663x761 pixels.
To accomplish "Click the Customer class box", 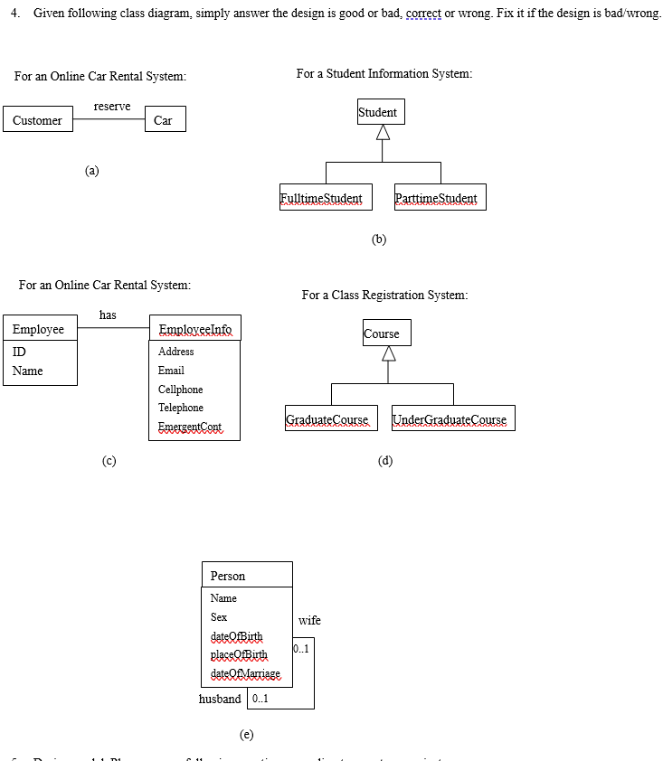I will (38, 120).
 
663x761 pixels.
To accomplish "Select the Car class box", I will (165, 120).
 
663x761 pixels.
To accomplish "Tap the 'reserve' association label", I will (112, 107).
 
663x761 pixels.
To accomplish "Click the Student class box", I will (380, 112).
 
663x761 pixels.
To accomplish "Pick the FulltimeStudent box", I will (321, 198).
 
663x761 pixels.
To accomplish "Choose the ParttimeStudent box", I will (440, 198).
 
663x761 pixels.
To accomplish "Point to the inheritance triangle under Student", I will (383, 133).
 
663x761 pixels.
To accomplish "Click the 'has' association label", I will (108, 315).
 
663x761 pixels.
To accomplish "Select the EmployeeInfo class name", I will (194, 329).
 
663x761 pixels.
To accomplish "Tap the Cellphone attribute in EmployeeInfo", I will (180, 390).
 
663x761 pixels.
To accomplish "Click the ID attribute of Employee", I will (20, 352).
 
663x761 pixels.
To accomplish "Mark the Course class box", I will (386, 334).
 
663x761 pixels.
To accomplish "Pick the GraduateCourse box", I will (327, 419).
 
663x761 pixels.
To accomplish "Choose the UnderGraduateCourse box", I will (452, 419).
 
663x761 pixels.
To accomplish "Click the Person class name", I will (228, 576).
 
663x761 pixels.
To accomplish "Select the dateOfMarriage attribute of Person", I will (244, 674).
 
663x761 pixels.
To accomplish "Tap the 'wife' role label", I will (309, 620).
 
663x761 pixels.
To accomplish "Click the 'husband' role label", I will (220, 699).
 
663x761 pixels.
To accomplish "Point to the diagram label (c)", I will (109, 461).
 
